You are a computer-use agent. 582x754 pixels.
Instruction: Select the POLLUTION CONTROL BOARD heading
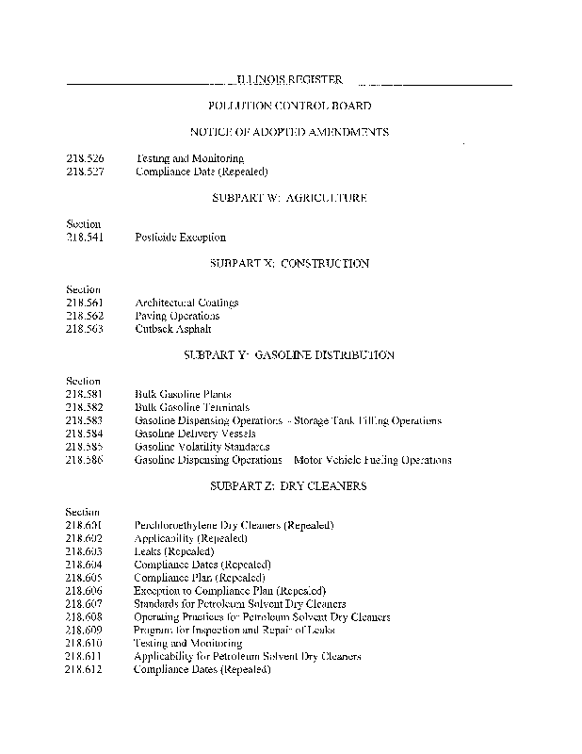pos(289,107)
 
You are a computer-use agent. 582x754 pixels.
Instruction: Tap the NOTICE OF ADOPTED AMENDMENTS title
pos(289,133)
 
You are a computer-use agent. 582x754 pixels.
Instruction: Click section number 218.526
pos(84,159)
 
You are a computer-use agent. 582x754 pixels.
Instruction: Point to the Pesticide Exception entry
pos(180,238)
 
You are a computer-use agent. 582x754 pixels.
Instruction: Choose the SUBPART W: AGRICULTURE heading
pos(289,198)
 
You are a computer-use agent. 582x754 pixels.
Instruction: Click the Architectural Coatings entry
pos(186,303)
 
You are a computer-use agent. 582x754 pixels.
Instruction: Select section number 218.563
pos(84,329)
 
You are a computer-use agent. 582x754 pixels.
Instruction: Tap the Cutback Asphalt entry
pos(173,329)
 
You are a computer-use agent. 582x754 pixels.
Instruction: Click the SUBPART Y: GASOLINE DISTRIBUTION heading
pos(289,355)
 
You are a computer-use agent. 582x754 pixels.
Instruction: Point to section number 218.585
pos(84,447)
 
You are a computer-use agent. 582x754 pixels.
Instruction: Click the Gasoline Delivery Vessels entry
pos(195,434)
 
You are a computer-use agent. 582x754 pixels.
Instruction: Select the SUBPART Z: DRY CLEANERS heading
pos(289,486)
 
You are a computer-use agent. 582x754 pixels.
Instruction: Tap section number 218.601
pos(84,525)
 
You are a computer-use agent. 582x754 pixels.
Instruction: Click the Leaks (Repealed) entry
pos(174,551)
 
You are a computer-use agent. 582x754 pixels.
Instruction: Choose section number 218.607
pos(84,604)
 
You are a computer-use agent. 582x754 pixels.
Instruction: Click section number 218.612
pos(84,670)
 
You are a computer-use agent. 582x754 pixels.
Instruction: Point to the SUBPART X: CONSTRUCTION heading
pos(289,264)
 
